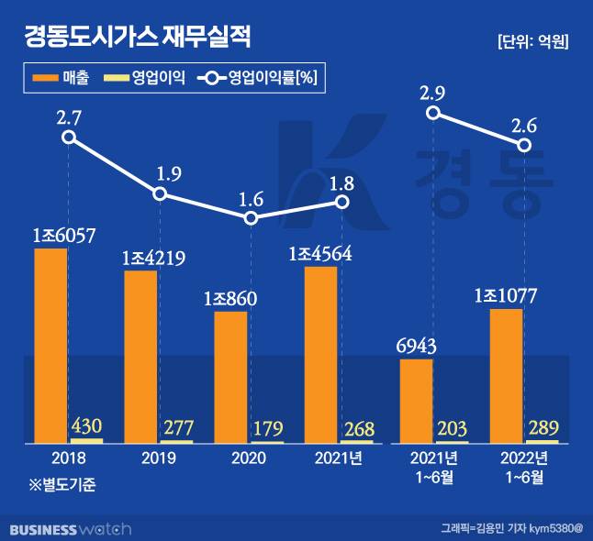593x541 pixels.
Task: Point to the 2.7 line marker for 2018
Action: tap(68, 138)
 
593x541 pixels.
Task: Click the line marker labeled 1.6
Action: tap(251, 218)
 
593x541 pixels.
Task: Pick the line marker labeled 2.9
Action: tap(434, 113)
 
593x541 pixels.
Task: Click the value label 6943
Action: tap(416, 346)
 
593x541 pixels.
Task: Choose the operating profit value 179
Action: tap(267, 427)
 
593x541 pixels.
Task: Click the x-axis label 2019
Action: tap(158, 457)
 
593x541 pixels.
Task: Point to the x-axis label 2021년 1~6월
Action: tap(435, 465)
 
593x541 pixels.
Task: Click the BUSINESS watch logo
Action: tap(71, 529)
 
